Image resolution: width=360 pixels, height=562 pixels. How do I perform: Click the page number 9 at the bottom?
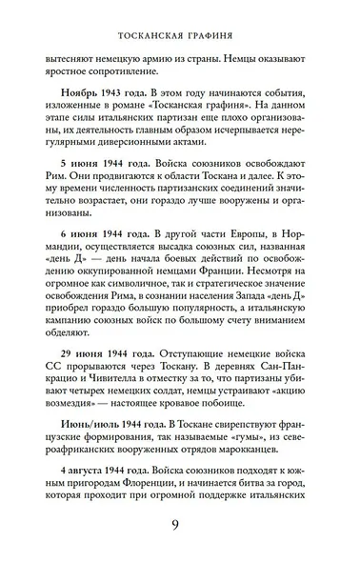180,526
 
